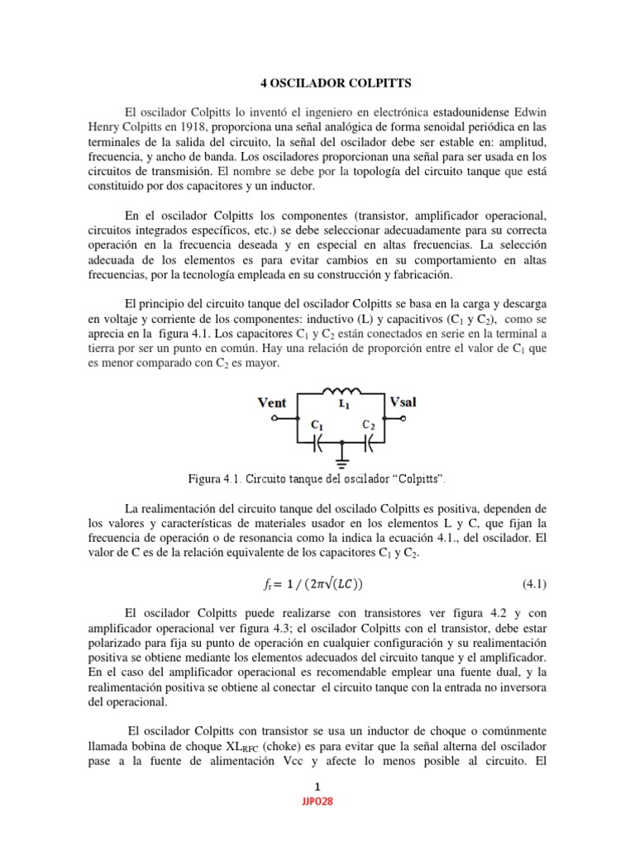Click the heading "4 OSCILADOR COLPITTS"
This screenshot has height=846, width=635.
pos(317,83)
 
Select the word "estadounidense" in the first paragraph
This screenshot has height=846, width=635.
pos(467,112)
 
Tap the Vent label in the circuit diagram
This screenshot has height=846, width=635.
pos(272,402)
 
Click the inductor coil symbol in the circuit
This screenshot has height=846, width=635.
pos(341,392)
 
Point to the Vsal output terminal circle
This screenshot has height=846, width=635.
pos(405,419)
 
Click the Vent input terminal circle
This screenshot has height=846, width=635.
pos(274,419)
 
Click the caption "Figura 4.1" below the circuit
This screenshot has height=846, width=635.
pos(212,478)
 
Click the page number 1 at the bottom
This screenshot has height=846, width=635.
pos(317,786)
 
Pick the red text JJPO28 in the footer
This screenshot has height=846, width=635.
pos(317,801)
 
